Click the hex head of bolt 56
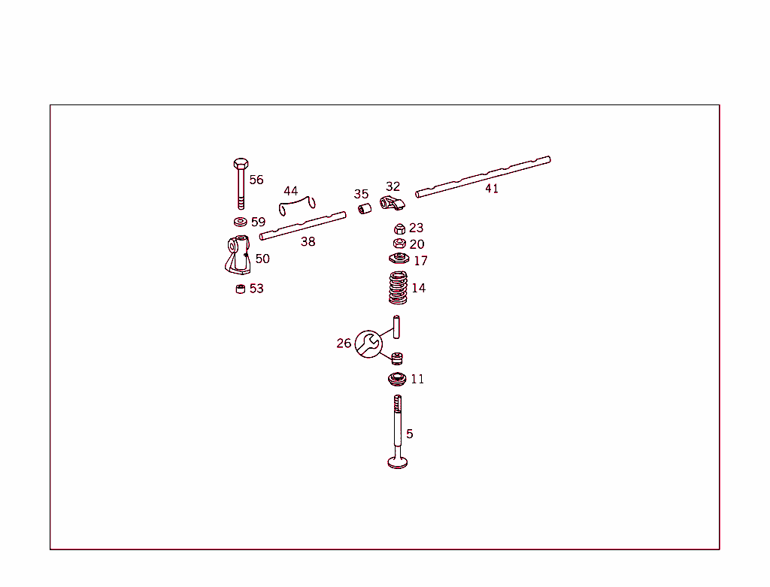point(240,164)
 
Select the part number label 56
point(256,180)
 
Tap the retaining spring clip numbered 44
point(298,204)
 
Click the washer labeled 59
point(240,222)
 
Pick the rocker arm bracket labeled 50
point(238,255)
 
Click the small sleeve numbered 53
point(241,289)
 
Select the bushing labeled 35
point(365,207)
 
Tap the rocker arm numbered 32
point(392,202)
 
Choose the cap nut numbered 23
point(400,228)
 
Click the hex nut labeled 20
point(399,244)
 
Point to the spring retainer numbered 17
point(399,259)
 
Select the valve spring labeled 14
point(398,288)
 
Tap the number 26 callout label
point(344,343)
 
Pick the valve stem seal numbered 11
point(398,378)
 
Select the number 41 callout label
point(492,189)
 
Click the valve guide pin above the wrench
point(396,326)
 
